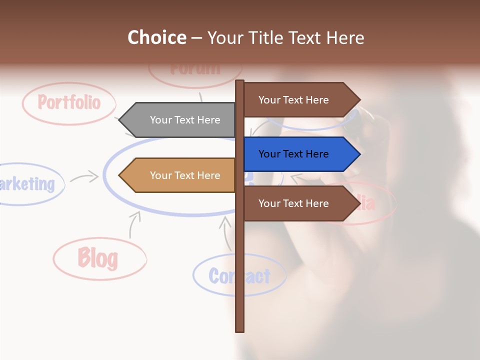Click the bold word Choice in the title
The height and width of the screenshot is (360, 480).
tap(157, 37)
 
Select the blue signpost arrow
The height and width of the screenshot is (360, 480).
tap(300, 154)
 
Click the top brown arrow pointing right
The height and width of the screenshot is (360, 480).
tap(300, 100)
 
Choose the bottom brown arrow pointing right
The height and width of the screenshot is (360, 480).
tap(300, 203)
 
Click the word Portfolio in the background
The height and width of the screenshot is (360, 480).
tap(69, 102)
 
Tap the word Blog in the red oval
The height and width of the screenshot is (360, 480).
tap(98, 258)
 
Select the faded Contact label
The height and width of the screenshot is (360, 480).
tap(239, 276)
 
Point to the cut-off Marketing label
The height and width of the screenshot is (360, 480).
tap(27, 184)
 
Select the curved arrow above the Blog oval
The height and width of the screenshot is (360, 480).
tap(133, 224)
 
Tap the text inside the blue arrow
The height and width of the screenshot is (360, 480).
tap(293, 154)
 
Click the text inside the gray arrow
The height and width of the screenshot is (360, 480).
tap(185, 120)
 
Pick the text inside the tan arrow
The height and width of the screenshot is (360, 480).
tap(185, 175)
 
